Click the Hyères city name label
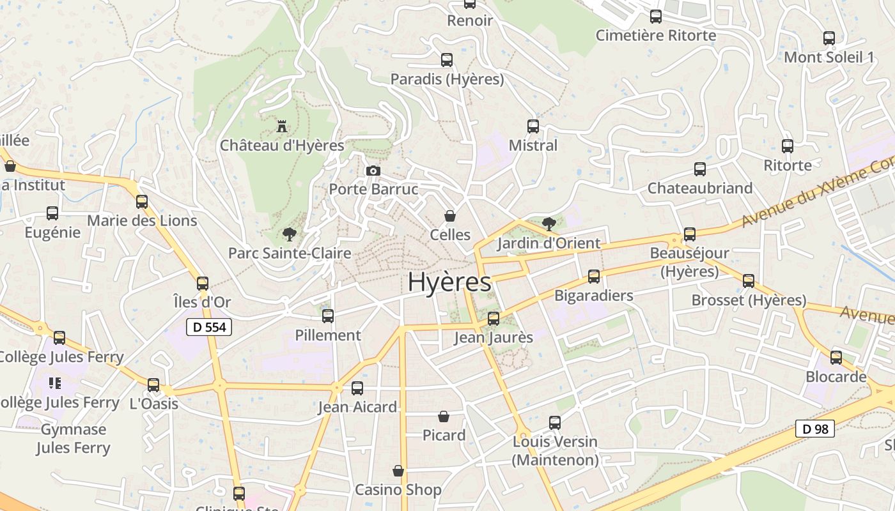(449, 282)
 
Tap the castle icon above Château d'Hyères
(282, 126)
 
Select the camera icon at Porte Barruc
(373, 171)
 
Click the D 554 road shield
(208, 328)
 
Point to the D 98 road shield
(815, 429)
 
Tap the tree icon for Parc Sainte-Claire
(290, 234)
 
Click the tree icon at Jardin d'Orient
(549, 224)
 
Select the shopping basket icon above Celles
(450, 216)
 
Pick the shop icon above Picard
(444, 416)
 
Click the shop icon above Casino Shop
(398, 471)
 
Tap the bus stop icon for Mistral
(533, 126)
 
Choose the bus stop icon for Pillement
(328, 316)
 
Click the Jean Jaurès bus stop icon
(494, 318)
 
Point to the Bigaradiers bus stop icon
(594, 277)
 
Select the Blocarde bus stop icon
(836, 358)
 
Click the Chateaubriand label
(700, 188)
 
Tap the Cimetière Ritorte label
(656, 35)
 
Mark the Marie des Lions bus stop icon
(142, 202)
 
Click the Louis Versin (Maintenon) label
(555, 450)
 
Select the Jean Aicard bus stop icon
(357, 388)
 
